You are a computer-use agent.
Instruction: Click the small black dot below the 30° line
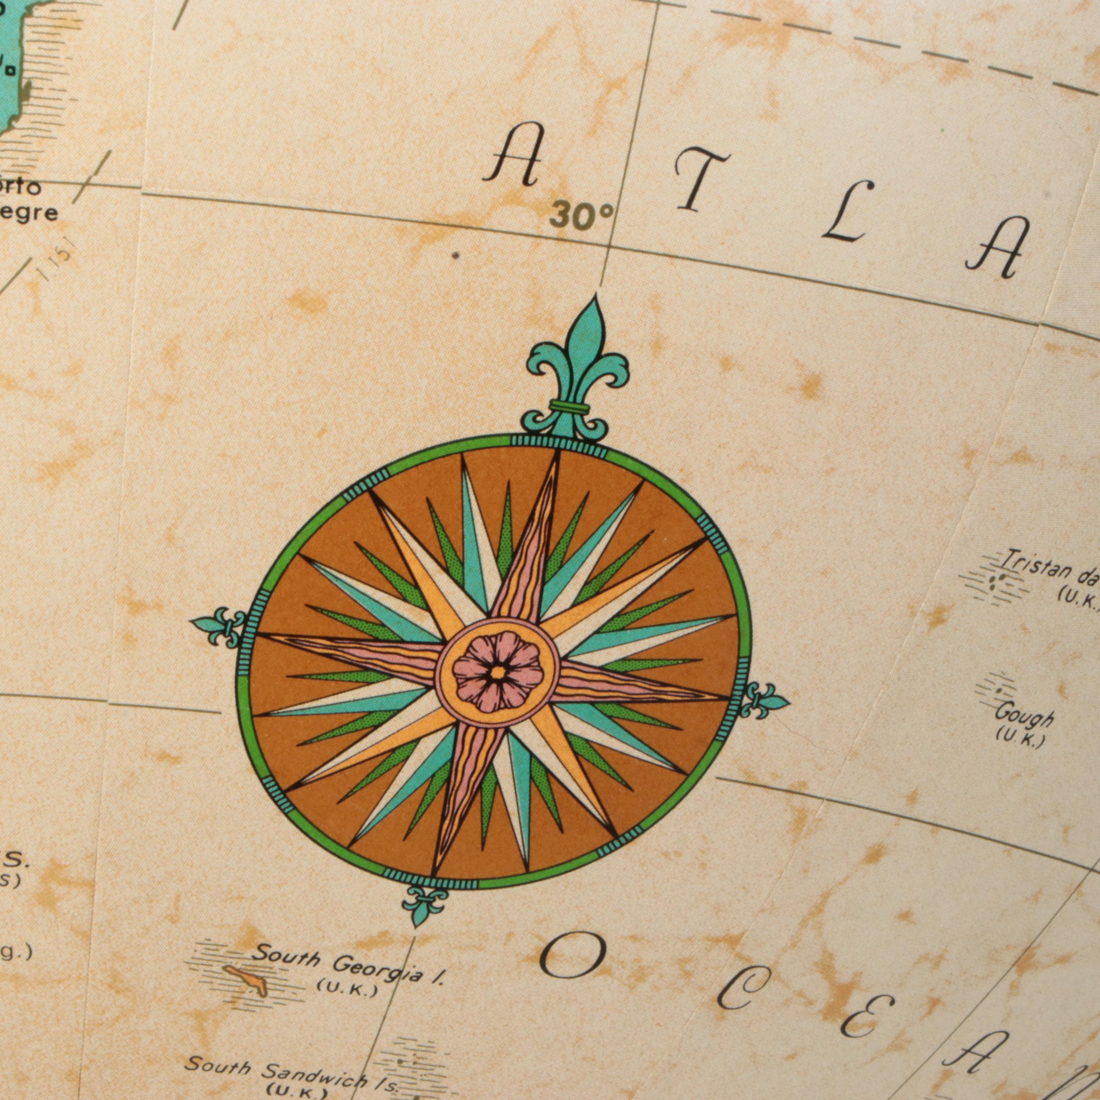pyautogui.click(x=455, y=256)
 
